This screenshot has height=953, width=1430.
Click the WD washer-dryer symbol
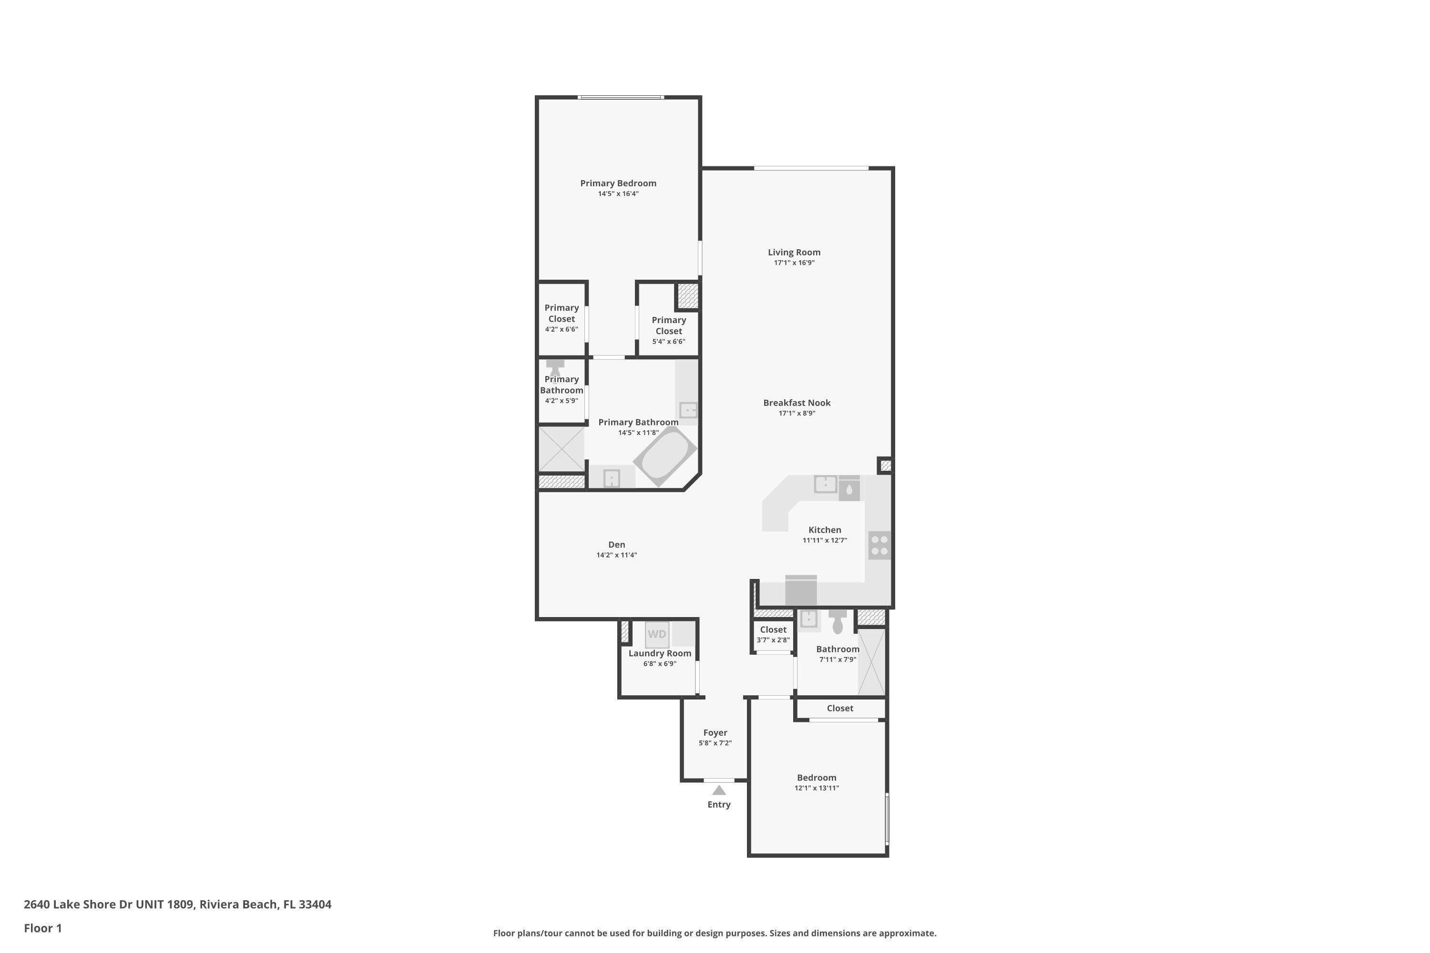pos(657,634)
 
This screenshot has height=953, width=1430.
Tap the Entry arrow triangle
pos(719,790)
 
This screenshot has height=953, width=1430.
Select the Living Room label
pos(794,252)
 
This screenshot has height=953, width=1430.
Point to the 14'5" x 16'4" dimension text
pos(618,194)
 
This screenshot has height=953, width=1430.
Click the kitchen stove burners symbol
pos(879,545)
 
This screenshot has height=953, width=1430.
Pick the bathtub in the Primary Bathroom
pos(665,456)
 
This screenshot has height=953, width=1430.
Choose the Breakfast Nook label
pos(797,402)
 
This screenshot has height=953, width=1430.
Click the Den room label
pos(616,545)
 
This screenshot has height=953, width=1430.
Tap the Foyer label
pos(715,733)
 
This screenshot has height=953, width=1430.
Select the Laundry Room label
pos(660,653)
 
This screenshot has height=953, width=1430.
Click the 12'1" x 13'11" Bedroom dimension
pos(817,788)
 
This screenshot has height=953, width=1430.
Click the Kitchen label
pos(825,530)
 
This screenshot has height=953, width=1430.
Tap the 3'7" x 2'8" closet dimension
pos(773,640)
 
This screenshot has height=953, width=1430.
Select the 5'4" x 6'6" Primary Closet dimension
pos(669,342)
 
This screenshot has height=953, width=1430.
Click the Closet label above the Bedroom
pos(840,708)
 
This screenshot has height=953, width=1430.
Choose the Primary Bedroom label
pos(618,183)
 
